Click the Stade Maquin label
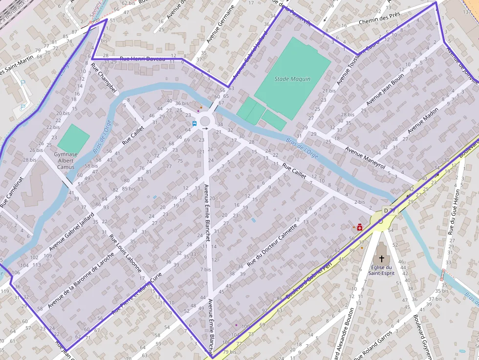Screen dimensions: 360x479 click(x=292, y=79)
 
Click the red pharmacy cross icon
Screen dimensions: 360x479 click(x=360, y=227)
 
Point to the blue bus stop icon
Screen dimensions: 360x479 click(x=195, y=124)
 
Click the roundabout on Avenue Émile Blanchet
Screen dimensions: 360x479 click(x=204, y=120)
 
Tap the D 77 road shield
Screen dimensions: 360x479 click(x=389, y=211)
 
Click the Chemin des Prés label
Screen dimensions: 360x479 click(x=379, y=19)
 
